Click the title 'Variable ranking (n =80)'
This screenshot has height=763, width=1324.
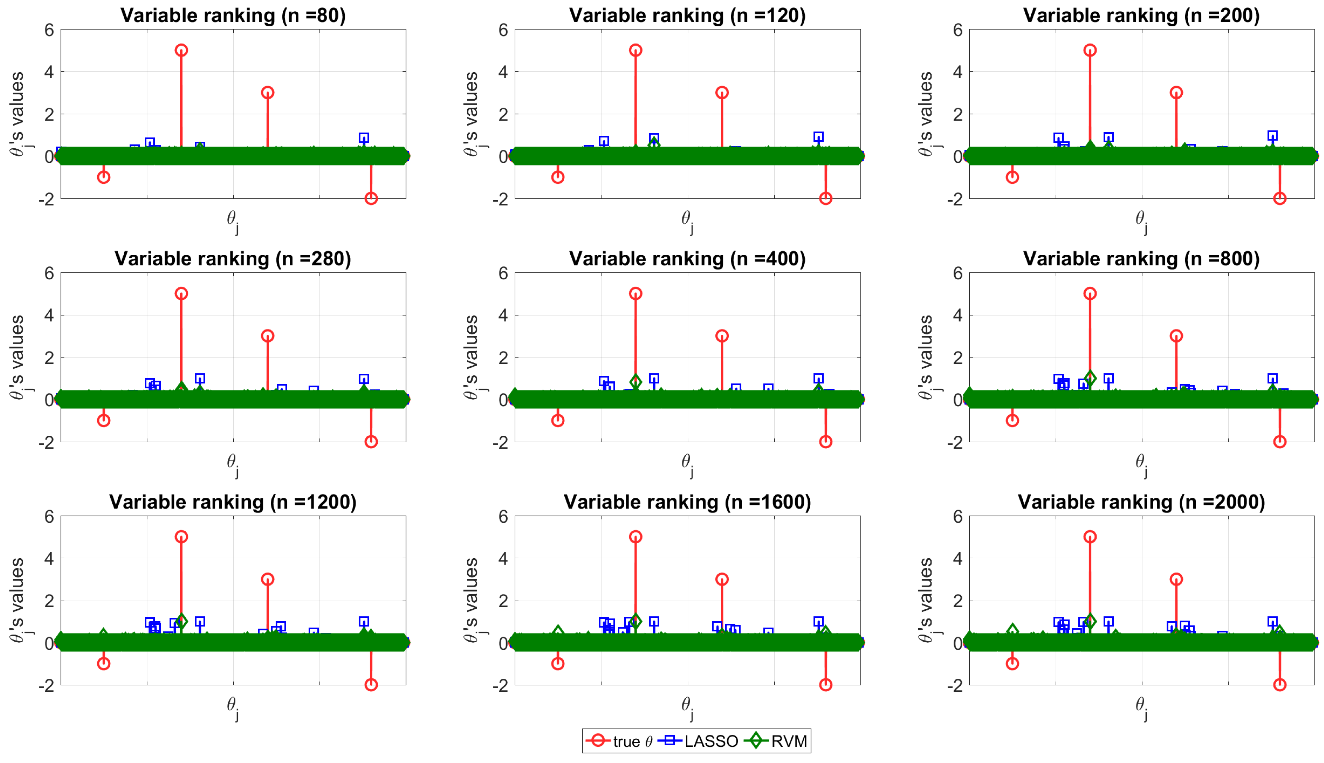(233, 15)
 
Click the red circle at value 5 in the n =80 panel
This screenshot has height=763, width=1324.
(181, 50)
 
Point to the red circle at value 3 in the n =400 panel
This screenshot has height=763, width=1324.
(722, 336)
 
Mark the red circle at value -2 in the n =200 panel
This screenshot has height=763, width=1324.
(1279, 198)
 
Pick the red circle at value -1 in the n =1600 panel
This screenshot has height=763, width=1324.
(558, 664)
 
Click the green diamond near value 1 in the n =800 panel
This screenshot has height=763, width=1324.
(1090, 378)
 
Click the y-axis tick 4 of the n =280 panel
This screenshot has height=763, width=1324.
(49, 316)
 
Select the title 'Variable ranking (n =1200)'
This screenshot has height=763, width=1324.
(233, 502)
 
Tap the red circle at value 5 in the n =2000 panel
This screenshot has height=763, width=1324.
(1090, 537)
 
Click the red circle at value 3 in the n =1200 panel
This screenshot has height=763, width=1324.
(267, 579)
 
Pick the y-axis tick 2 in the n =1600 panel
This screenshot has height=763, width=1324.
(503, 601)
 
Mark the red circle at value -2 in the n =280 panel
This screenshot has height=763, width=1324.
(371, 441)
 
